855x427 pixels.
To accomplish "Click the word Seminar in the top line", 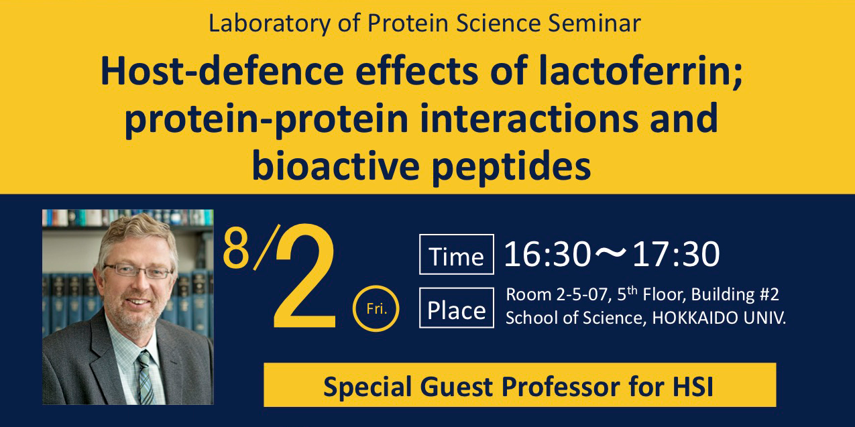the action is click(x=594, y=23).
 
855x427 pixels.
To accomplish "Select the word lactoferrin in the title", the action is click(x=640, y=71).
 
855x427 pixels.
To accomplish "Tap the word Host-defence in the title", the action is click(x=223, y=71).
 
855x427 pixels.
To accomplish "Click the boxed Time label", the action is click(x=457, y=254).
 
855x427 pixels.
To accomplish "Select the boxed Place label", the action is click(x=457, y=308).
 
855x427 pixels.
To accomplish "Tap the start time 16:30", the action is click(x=547, y=254).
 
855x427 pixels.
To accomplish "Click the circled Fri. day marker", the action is click(x=376, y=308).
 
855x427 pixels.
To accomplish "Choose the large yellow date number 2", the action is click(x=304, y=276).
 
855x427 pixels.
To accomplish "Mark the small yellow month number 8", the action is click(x=236, y=247).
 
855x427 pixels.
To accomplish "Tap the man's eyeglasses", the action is click(x=138, y=270).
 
